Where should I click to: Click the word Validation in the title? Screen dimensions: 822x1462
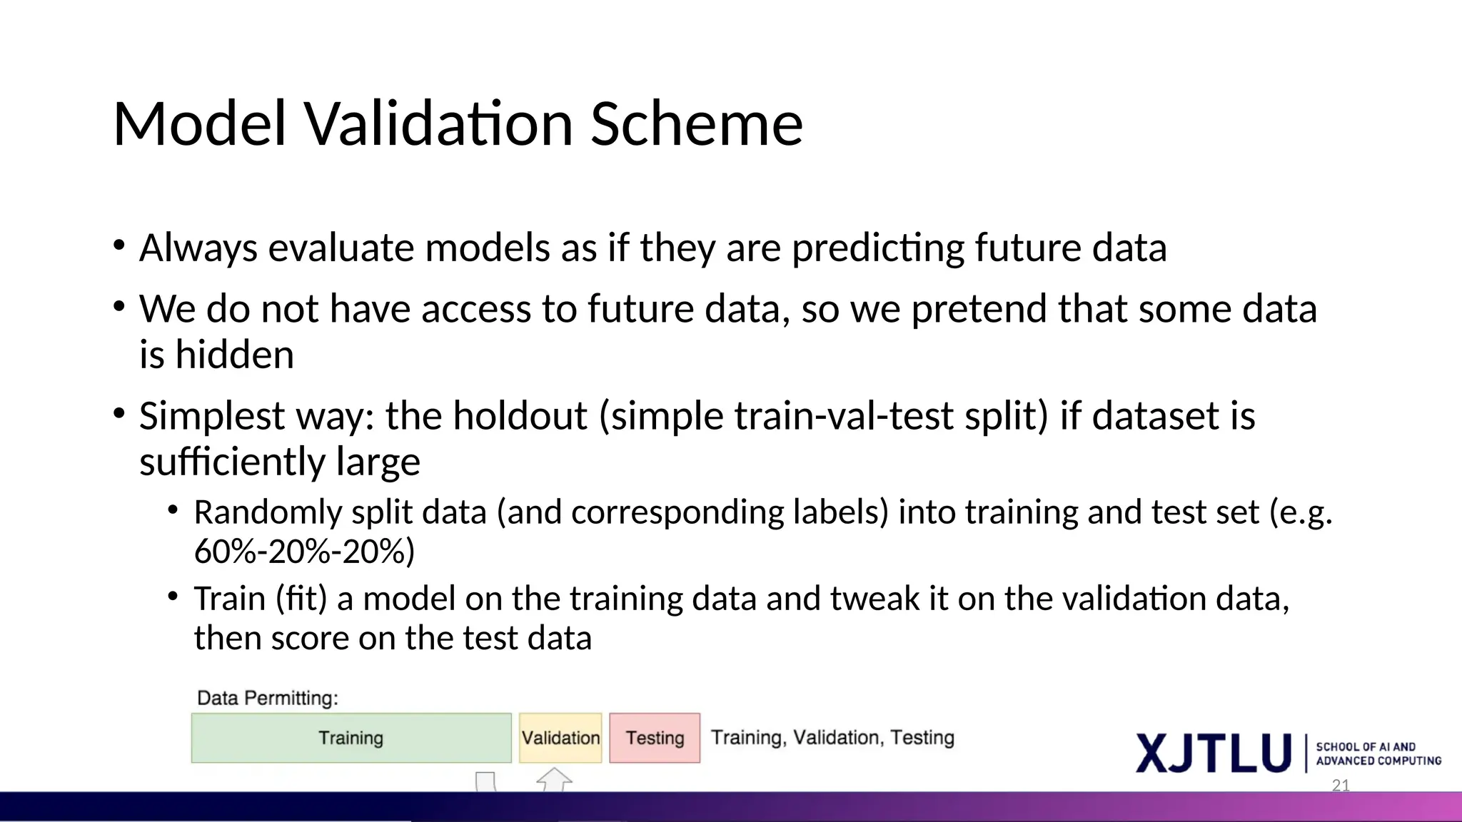pyautogui.click(x=440, y=124)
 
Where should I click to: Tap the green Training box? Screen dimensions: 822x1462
pyautogui.click(x=351, y=738)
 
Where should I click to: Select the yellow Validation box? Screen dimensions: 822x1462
pyautogui.click(x=560, y=738)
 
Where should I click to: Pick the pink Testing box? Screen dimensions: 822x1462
pyautogui.click(x=655, y=738)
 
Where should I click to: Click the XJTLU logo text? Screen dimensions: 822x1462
pyautogui.click(x=1214, y=753)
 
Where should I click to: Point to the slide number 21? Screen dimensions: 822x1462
pyautogui.click(x=1341, y=786)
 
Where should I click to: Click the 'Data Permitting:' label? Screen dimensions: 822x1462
pyautogui.click(x=267, y=698)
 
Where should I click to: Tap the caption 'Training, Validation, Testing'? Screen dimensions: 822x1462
pyautogui.click(x=832, y=737)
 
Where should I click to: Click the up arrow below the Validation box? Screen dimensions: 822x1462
pyautogui.click(x=554, y=779)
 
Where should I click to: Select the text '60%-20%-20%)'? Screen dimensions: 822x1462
pyautogui.click(x=304, y=552)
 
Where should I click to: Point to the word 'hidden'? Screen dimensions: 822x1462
pyautogui.click(x=234, y=355)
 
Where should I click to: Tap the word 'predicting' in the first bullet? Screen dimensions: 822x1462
pyautogui.click(x=877, y=248)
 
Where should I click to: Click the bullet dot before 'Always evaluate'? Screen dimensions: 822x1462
pyautogui.click(x=119, y=247)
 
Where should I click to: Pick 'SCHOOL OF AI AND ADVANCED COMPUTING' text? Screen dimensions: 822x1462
pyautogui.click(x=1378, y=753)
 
